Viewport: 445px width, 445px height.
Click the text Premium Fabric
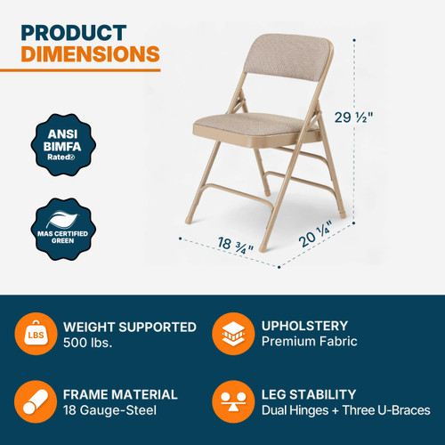(308, 343)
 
